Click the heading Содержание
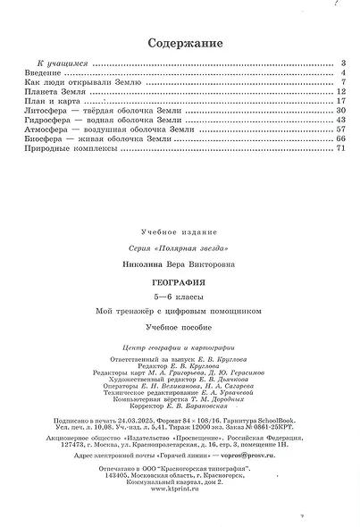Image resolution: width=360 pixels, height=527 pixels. [x=180, y=43]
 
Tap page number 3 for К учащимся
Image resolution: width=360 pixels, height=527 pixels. [x=342, y=64]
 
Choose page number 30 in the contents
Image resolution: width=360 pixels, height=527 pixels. [x=340, y=112]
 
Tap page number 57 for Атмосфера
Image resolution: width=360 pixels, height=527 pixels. [x=340, y=130]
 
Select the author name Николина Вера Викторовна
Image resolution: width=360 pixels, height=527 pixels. [x=180, y=264]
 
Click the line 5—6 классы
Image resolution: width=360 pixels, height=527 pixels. [x=180, y=297]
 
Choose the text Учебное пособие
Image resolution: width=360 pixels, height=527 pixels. [x=180, y=329]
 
